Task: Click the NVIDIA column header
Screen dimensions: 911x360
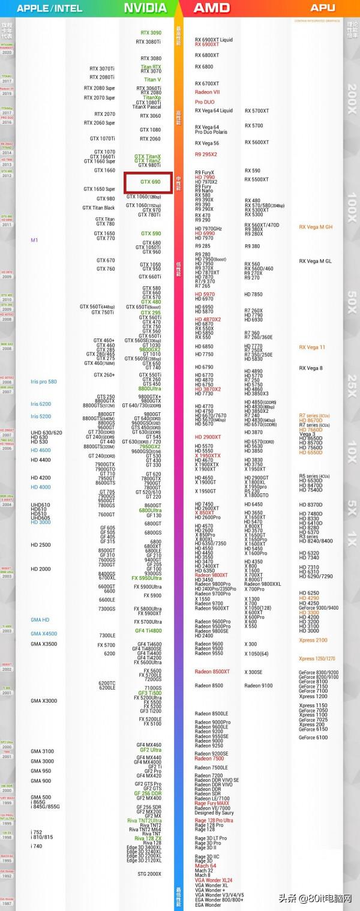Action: [145, 8]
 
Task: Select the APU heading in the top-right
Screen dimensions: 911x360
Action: [323, 8]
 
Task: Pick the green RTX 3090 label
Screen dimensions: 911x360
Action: [151, 33]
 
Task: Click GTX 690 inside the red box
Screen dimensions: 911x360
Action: [151, 182]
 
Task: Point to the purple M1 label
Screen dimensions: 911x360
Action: [34, 240]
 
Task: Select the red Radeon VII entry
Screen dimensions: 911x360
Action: [208, 92]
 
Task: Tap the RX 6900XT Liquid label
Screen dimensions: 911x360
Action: [214, 40]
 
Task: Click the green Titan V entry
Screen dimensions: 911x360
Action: [152, 80]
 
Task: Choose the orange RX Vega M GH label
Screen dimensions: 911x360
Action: [316, 227]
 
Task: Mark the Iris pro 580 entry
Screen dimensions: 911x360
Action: [44, 382]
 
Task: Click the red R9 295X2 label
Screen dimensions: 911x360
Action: [206, 154]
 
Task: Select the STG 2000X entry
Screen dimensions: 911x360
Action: [149, 874]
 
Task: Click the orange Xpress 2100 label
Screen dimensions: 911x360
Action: [313, 640]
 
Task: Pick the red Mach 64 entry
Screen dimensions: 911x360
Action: [205, 866]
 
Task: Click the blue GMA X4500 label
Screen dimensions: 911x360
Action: [44, 634]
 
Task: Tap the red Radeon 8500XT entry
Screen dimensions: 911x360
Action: [212, 671]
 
